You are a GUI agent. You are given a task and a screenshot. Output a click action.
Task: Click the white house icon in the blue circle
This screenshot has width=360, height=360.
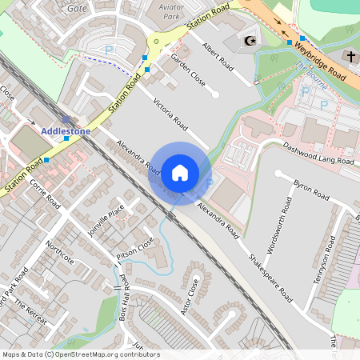180,173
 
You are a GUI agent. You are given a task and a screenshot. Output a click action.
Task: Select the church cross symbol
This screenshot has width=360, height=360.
351,56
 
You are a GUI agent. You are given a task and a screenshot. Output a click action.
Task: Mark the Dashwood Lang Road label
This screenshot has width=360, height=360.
318,154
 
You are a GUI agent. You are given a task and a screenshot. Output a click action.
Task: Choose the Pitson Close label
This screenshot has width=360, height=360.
135,256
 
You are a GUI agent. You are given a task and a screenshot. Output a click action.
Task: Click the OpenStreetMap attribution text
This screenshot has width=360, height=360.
80,354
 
